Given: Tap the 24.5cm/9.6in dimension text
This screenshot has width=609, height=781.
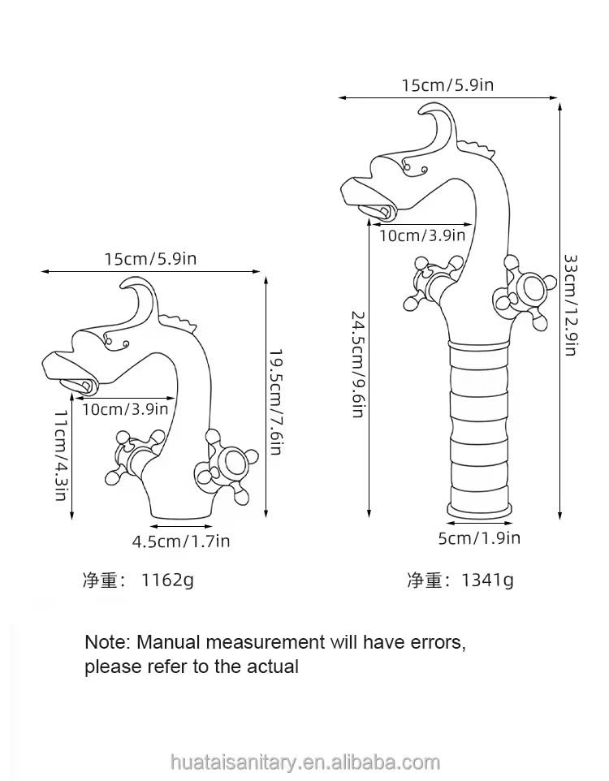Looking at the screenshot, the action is (x=358, y=364).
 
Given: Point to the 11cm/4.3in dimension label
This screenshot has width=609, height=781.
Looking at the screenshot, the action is (x=61, y=455).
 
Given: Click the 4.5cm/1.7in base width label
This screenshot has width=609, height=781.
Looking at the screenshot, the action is (x=181, y=541).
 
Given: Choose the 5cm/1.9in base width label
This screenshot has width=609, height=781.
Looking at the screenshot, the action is (x=479, y=538).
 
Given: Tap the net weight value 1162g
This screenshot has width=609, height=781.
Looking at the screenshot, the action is (x=167, y=580).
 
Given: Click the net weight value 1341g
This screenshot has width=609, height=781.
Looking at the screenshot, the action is (x=487, y=580).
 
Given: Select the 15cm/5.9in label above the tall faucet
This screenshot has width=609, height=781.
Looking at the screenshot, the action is (x=447, y=85).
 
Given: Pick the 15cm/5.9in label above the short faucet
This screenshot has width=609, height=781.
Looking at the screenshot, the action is (x=150, y=259).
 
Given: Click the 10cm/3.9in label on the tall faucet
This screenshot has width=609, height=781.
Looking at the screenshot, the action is (x=422, y=235).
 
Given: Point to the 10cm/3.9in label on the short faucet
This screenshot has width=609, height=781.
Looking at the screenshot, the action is (x=125, y=409).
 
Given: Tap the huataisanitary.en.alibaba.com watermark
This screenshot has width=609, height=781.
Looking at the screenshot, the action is (x=305, y=762).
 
